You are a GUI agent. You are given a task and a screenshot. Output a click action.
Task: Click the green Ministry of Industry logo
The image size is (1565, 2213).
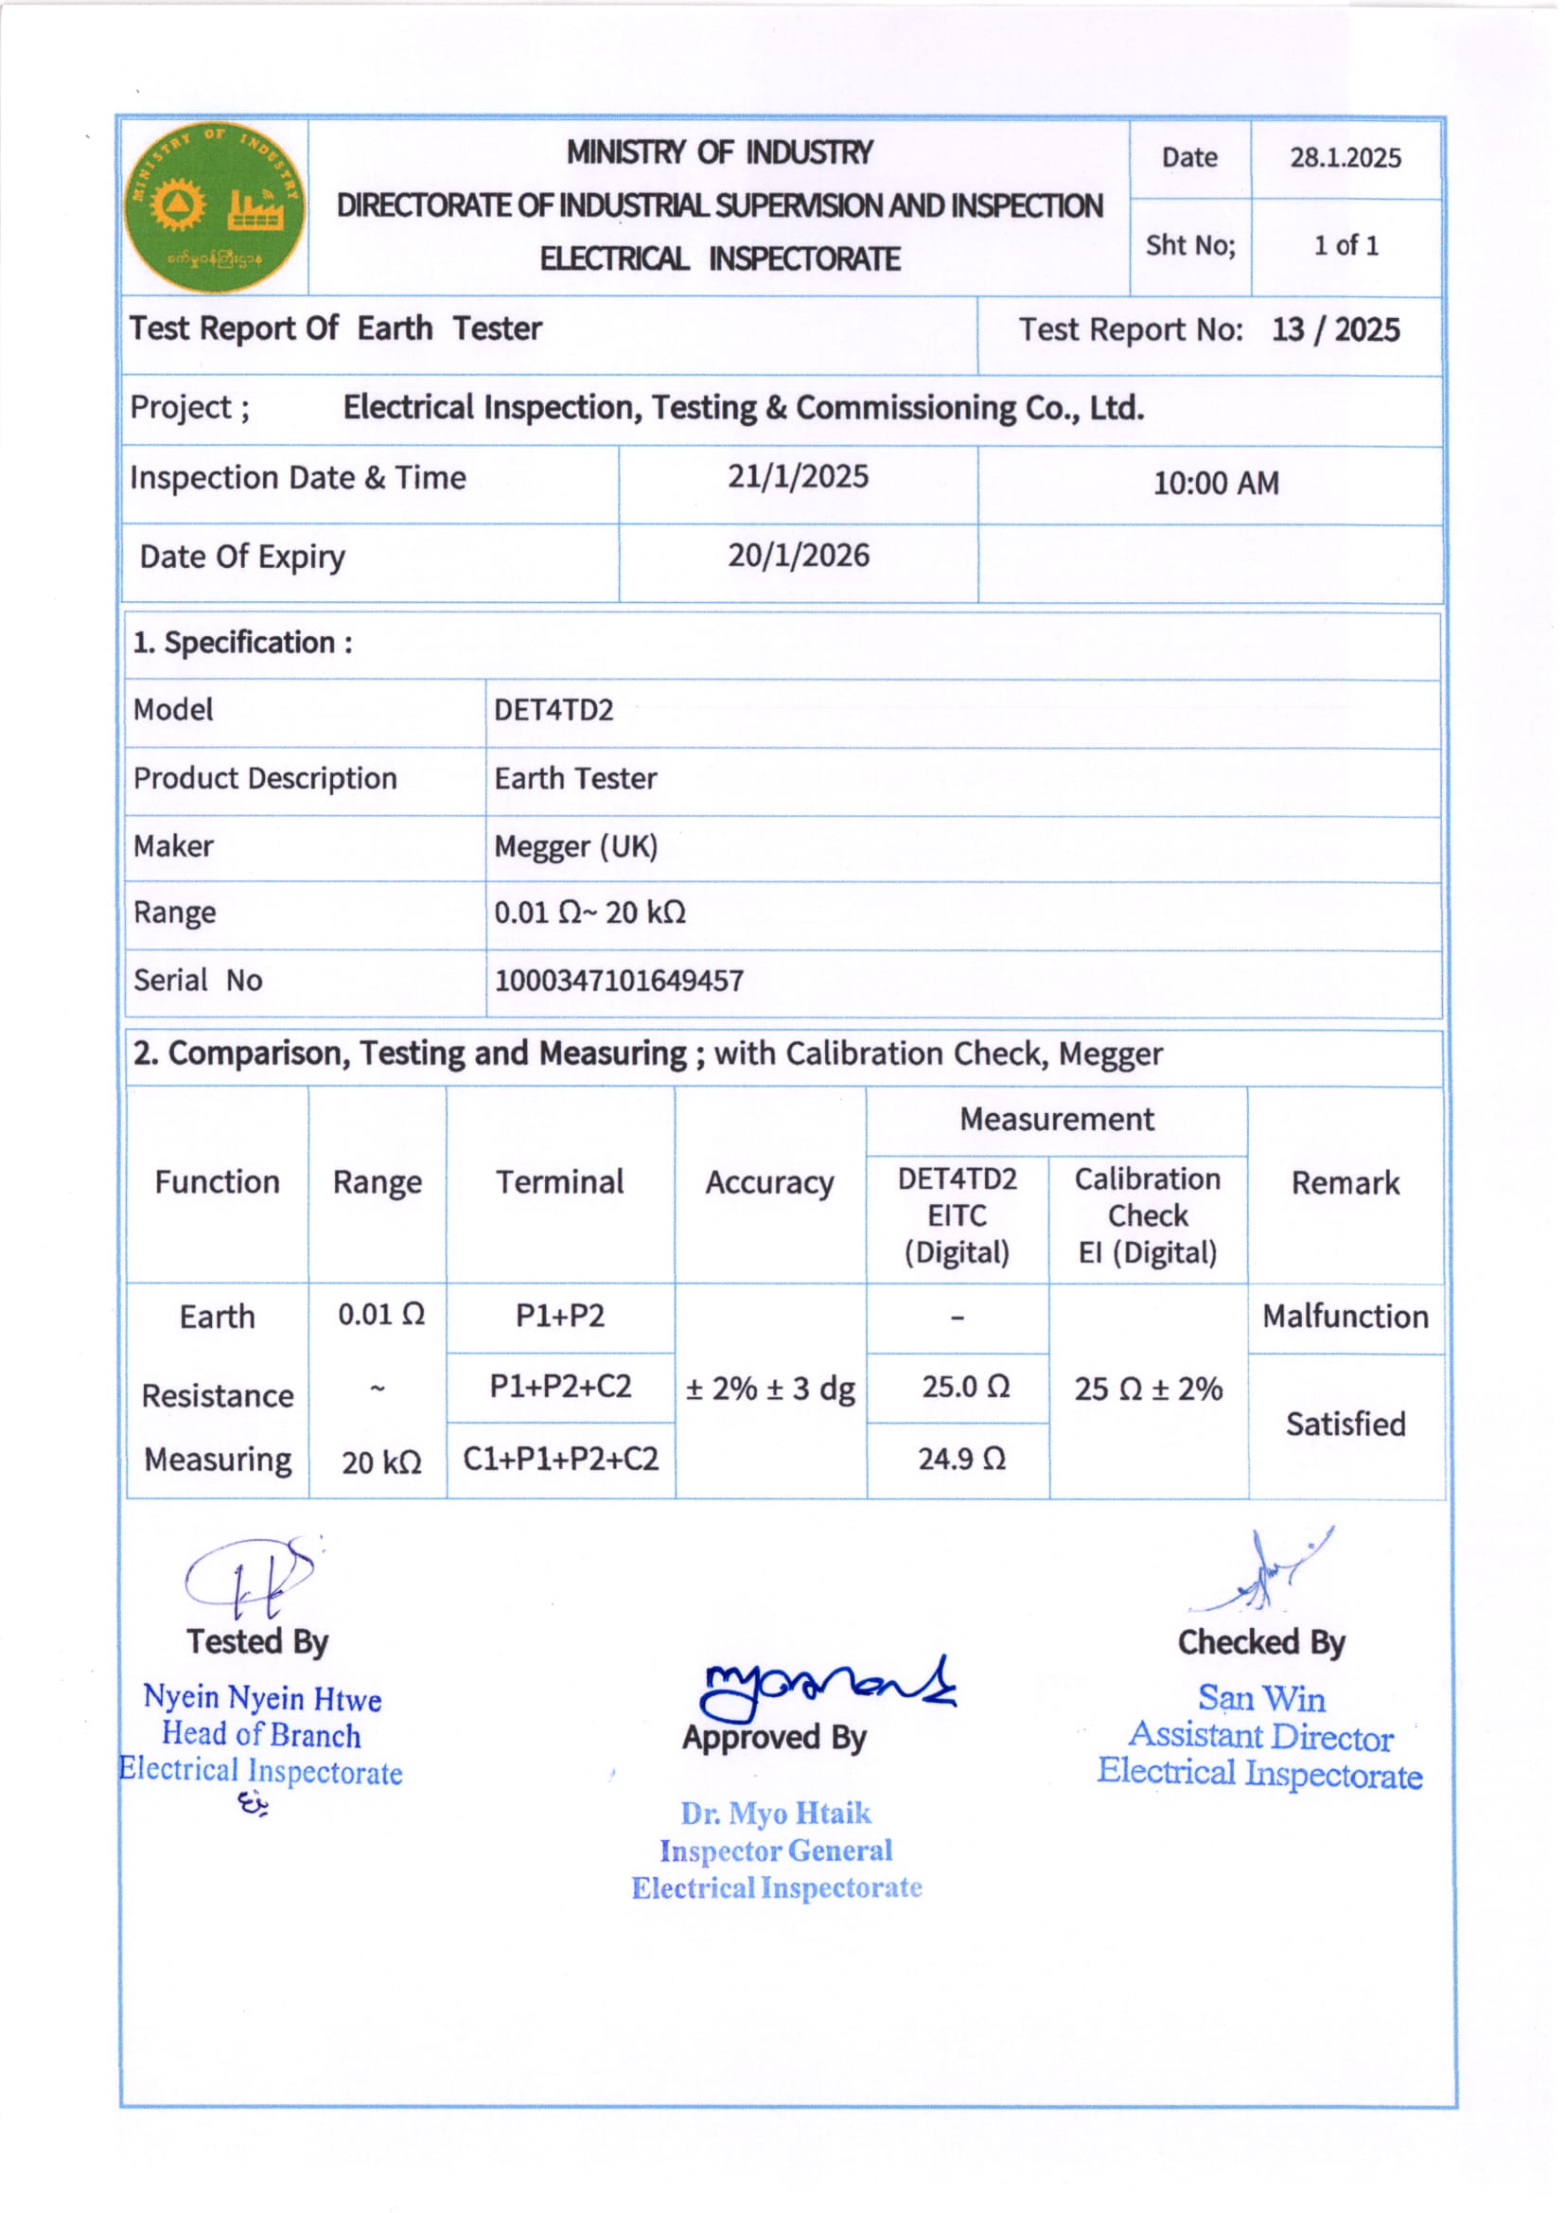pos(214,206)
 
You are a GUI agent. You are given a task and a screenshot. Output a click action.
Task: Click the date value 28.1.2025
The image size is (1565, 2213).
pos(1345,157)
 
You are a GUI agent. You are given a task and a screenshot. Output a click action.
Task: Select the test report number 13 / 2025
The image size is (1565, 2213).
pos(1335,329)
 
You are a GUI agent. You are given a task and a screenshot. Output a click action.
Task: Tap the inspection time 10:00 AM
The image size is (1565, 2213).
pos(1215,483)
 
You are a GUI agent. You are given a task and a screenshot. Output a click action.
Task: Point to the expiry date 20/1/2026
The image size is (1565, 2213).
pos(798,556)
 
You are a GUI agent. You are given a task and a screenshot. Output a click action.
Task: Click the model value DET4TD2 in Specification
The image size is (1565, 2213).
pos(554,710)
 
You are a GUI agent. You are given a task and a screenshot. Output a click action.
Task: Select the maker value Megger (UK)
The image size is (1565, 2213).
pos(575,846)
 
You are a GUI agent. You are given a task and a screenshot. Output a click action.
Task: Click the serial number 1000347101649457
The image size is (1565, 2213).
pos(619,982)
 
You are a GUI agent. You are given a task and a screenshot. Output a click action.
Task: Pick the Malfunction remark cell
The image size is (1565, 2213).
pos(1345,1317)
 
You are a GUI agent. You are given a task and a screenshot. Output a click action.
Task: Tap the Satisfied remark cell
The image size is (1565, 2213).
pos(1345,1424)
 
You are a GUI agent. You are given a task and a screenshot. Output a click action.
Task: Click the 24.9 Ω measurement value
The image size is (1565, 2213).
pos(960,1459)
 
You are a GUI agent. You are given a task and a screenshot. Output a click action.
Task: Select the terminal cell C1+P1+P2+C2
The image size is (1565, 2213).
pos(560,1459)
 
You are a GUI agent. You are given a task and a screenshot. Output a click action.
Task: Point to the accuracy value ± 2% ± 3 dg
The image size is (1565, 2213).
pos(770,1389)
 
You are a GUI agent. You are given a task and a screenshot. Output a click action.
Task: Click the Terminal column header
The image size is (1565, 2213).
pos(560,1182)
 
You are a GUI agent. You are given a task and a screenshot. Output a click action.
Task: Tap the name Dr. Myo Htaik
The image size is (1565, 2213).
pos(776,1814)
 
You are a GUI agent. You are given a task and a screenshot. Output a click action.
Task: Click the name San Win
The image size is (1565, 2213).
pos(1261,1698)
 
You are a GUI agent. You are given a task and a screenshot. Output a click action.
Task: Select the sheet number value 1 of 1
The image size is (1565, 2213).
pos(1345,246)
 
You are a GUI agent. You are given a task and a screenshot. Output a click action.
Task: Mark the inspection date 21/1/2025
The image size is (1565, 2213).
pos(798,476)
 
